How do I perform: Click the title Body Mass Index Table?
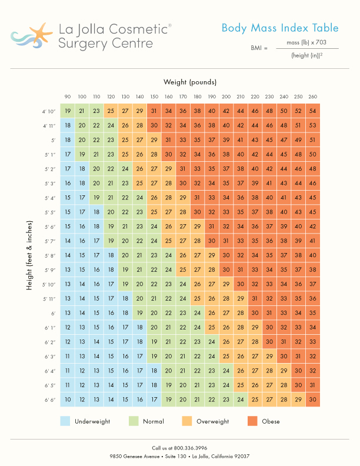(279, 28)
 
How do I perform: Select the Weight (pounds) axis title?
(190, 82)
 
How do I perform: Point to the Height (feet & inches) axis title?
(29, 255)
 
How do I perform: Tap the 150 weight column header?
(154, 96)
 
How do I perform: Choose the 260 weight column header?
(312, 96)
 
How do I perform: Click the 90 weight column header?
(68, 96)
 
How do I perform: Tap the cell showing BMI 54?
(312, 111)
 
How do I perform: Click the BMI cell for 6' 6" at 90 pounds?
(68, 400)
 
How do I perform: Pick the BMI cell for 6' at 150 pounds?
(154, 313)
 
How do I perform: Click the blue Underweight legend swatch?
(65, 421)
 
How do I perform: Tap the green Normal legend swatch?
(134, 421)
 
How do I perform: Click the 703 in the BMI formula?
(322, 43)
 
